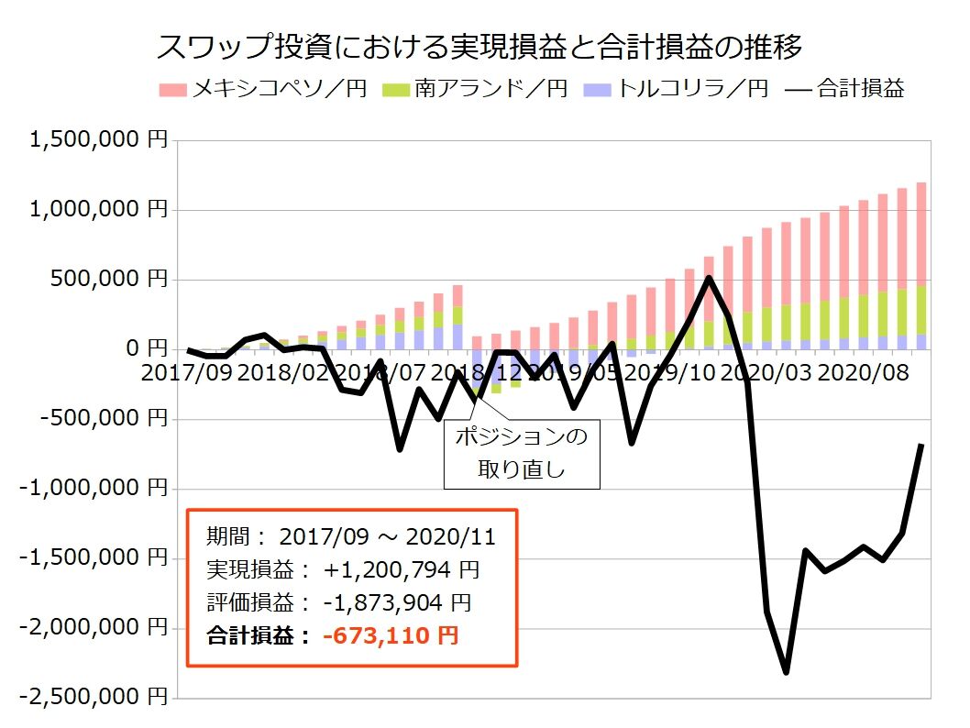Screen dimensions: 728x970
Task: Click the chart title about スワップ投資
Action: pyautogui.click(x=480, y=47)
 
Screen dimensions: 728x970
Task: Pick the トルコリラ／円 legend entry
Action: pyautogui.click(x=678, y=89)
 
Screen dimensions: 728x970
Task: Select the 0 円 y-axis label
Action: pyautogui.click(x=146, y=349)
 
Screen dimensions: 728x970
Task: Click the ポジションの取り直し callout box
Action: pyautogui.click(x=521, y=454)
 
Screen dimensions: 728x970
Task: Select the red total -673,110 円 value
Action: pyautogui.click(x=390, y=635)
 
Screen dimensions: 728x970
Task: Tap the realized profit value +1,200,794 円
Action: pyautogui.click(x=401, y=570)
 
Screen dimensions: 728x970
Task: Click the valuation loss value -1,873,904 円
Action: pyautogui.click(x=397, y=602)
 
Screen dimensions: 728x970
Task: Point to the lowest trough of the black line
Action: pyautogui.click(x=786, y=672)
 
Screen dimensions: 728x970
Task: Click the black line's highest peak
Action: pyautogui.click(x=709, y=278)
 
